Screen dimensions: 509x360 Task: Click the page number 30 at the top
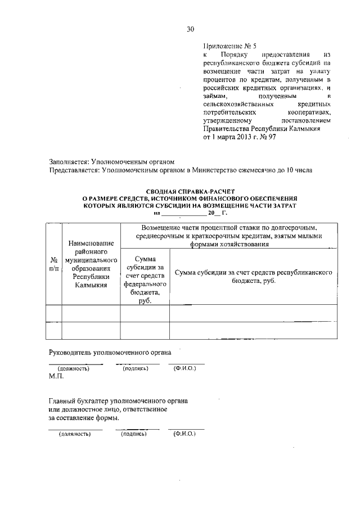[190, 29]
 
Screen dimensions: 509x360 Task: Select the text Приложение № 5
[229, 47]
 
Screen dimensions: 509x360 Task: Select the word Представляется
[74, 170]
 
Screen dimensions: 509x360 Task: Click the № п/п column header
[53, 264]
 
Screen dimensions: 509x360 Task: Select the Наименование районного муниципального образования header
[91, 264]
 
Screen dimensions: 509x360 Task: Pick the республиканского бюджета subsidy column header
[253, 276]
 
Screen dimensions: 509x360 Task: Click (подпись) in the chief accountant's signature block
[134, 434]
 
